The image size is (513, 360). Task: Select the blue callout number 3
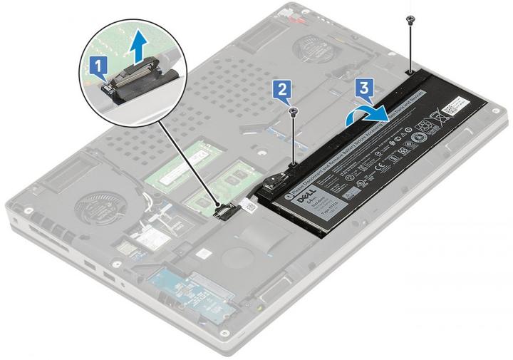(363, 88)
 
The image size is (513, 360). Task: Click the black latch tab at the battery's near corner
(272, 185)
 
